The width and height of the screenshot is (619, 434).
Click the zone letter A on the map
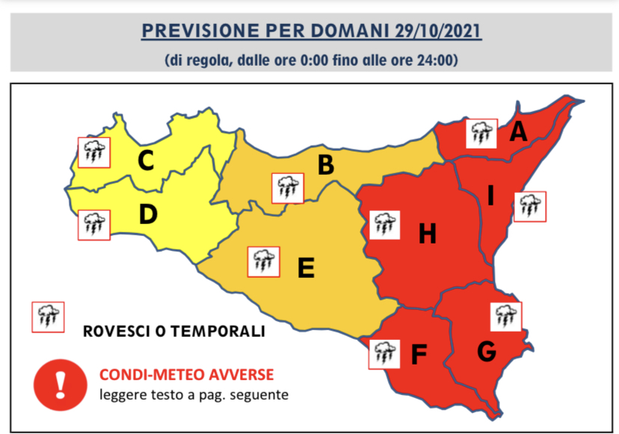(x=518, y=132)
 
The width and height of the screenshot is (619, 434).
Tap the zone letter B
(x=325, y=165)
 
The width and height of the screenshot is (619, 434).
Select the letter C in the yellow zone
(x=147, y=161)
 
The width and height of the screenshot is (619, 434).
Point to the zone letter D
(x=148, y=215)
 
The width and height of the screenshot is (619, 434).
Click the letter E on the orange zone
(x=305, y=267)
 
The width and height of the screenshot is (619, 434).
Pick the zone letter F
(x=419, y=355)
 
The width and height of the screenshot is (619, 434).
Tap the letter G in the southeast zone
(x=487, y=350)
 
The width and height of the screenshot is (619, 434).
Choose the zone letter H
(x=427, y=235)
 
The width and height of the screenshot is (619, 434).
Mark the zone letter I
(x=490, y=196)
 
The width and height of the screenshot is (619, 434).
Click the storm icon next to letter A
(x=480, y=134)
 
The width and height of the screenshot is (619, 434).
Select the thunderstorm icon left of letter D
(x=93, y=223)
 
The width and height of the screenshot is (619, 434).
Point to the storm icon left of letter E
(x=263, y=262)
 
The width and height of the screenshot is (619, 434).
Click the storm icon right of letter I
(x=530, y=206)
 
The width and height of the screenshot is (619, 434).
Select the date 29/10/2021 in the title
(x=435, y=31)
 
